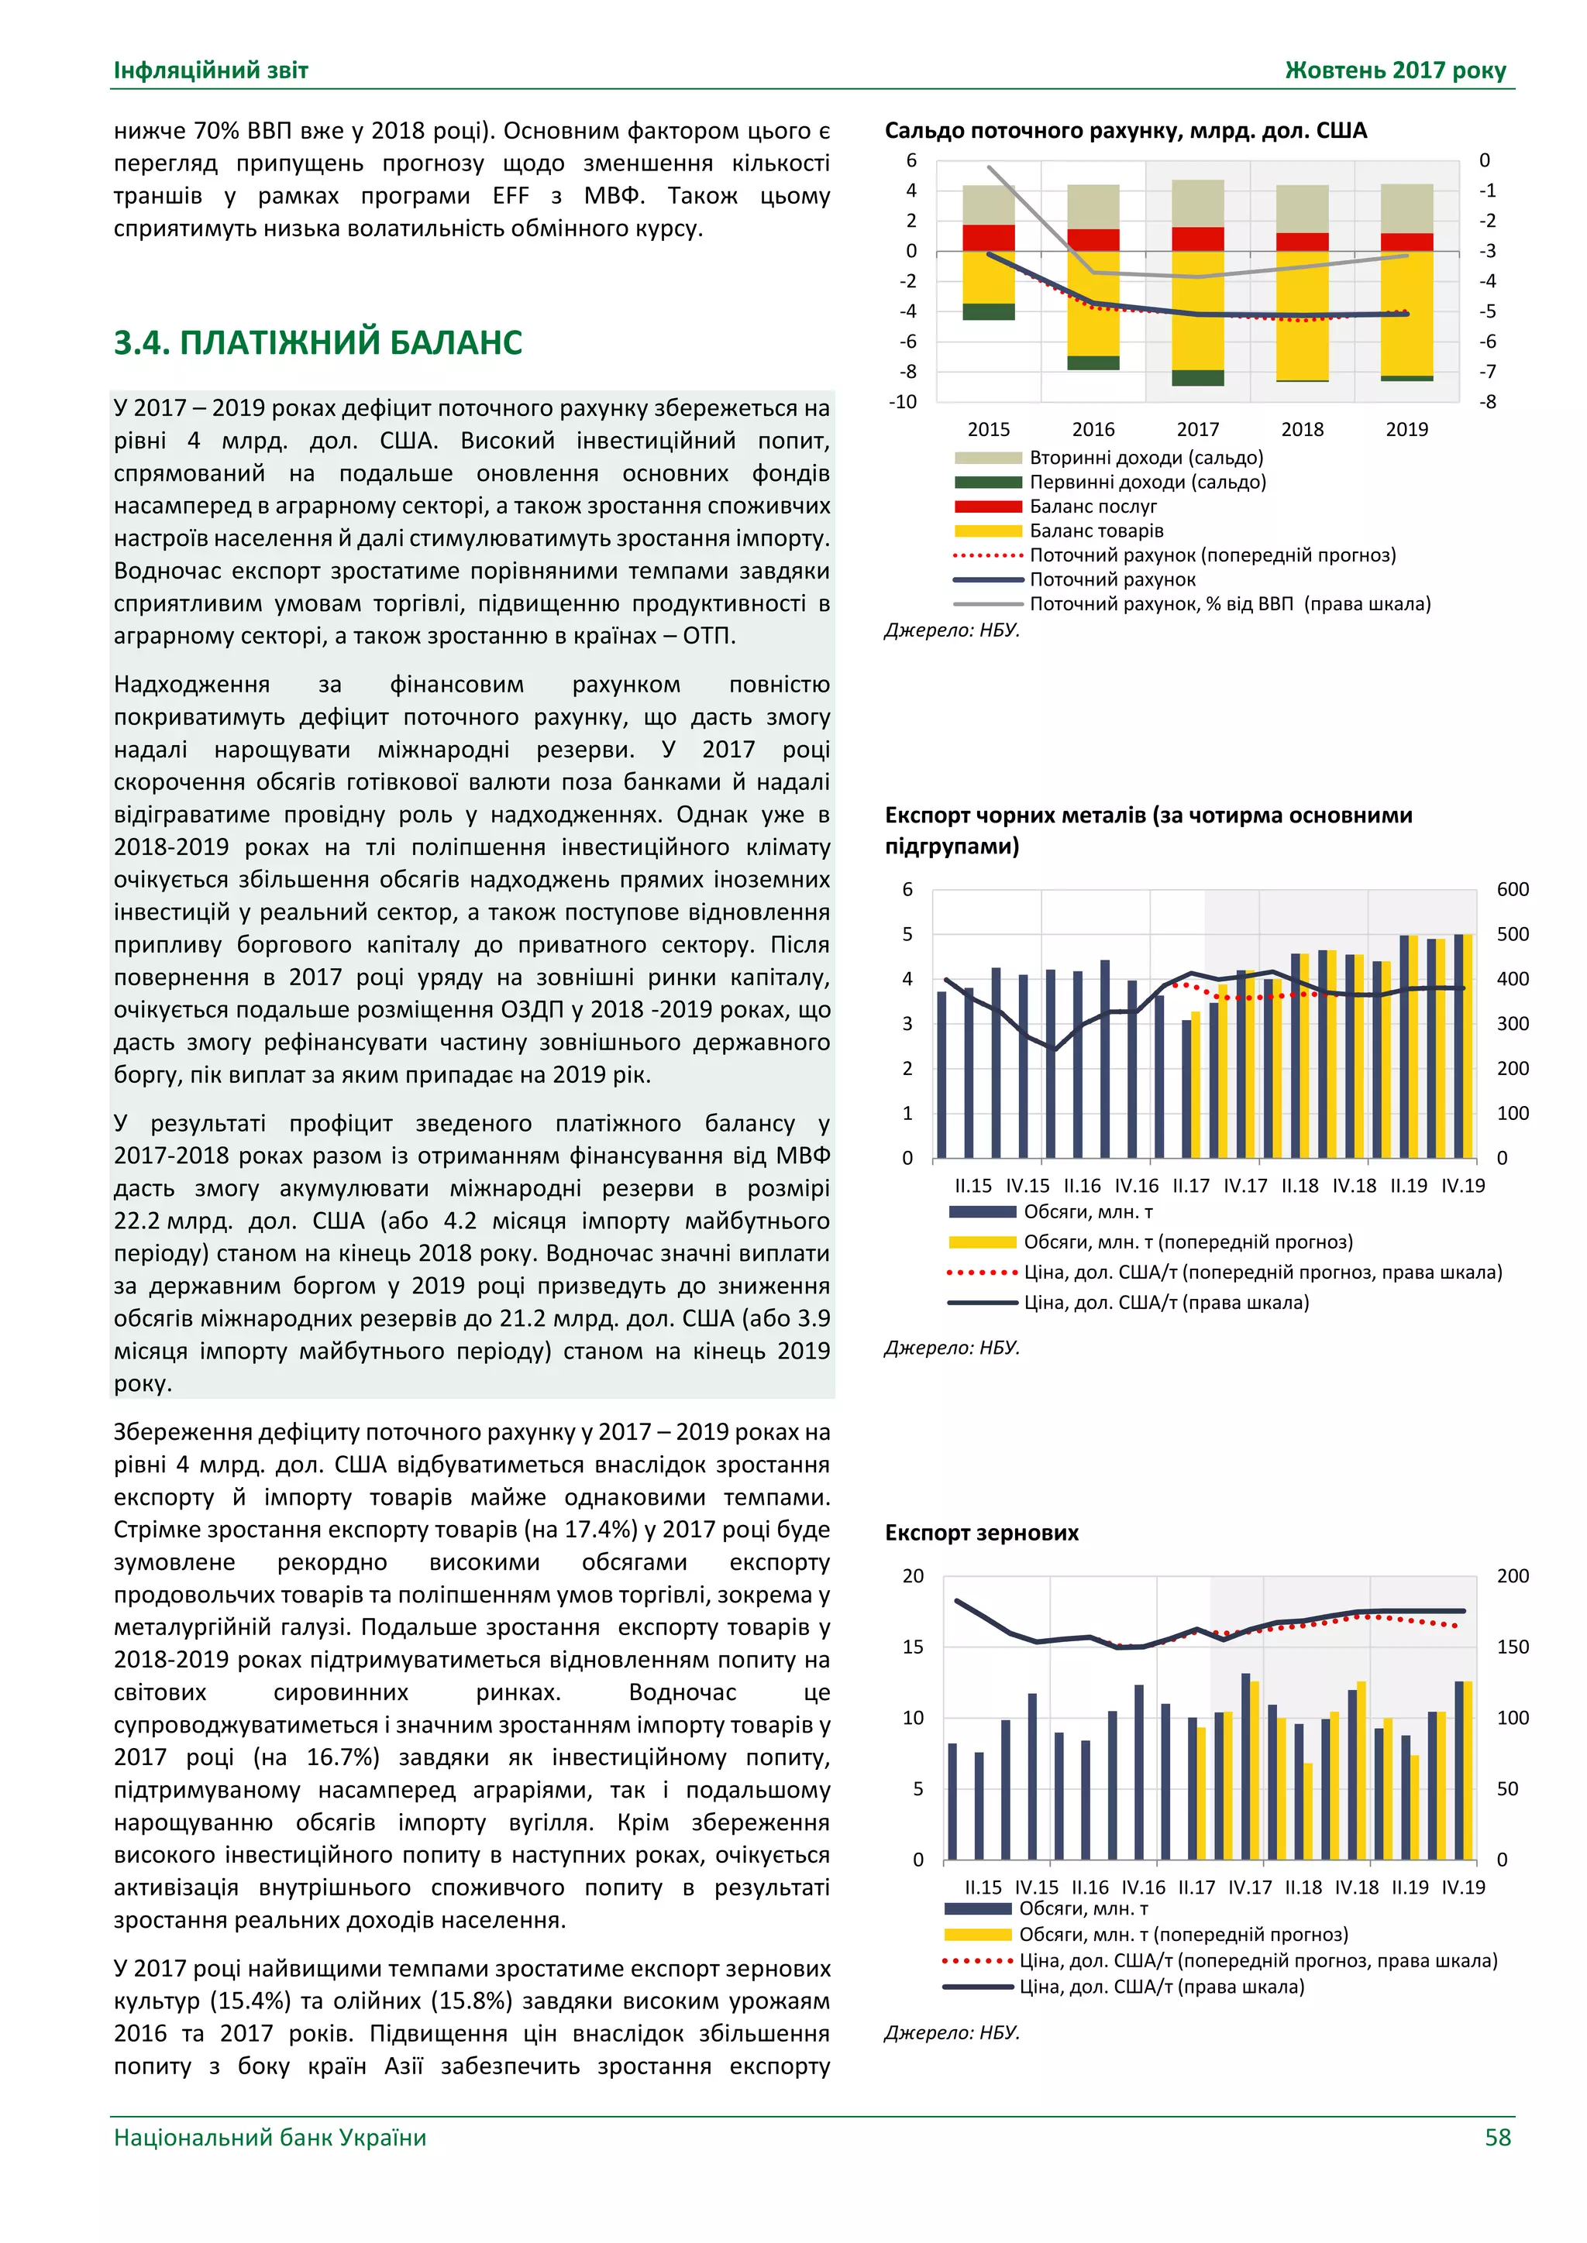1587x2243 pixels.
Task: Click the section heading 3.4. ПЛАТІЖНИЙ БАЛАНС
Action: click(318, 343)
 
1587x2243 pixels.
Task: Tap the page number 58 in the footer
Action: click(1497, 2138)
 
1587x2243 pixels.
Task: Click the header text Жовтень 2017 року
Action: click(1395, 70)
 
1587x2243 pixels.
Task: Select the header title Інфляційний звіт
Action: click(211, 70)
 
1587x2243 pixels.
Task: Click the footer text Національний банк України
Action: click(270, 2138)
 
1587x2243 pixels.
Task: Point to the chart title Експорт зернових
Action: click(981, 1533)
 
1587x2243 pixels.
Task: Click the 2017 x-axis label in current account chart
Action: click(1197, 429)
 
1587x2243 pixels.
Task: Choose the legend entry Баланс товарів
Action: click(1096, 531)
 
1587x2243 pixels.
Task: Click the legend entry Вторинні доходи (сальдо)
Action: click(1145, 457)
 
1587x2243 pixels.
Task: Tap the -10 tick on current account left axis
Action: click(902, 401)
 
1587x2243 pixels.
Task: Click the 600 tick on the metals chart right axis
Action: click(1512, 889)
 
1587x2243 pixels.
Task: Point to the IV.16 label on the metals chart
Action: click(1137, 1186)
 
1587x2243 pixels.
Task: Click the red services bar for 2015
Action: click(988, 238)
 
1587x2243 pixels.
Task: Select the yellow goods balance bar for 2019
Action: click(1406, 313)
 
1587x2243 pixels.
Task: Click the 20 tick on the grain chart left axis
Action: click(912, 1576)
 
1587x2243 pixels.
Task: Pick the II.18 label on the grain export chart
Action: click(1303, 1887)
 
